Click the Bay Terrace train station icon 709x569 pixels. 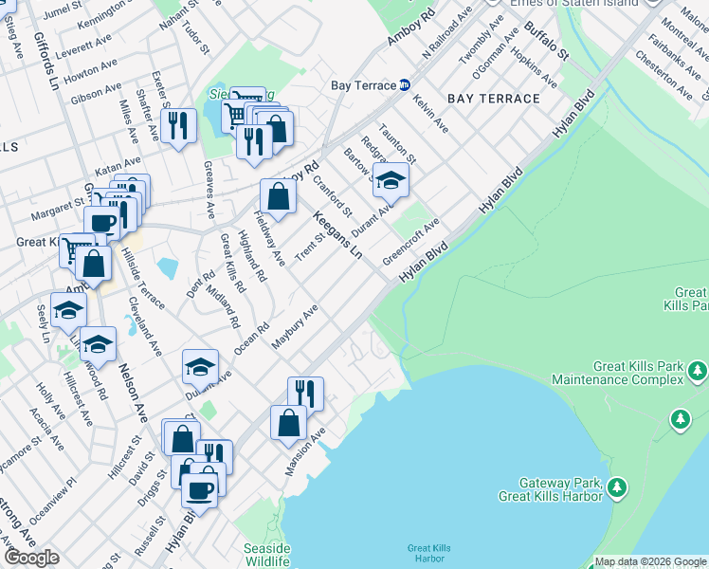coord(405,85)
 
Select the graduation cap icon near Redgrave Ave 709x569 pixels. coord(390,178)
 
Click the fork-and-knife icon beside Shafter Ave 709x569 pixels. coord(177,126)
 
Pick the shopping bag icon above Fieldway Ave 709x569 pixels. coord(278,197)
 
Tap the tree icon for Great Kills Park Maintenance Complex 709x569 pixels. coord(699,369)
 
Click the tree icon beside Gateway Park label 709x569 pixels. coord(617,487)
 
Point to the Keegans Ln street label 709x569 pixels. coord(337,235)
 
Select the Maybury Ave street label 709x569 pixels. coord(294,328)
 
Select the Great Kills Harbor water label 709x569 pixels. coord(428,553)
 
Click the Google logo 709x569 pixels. coord(31,558)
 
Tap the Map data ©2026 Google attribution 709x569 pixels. coord(650,561)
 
